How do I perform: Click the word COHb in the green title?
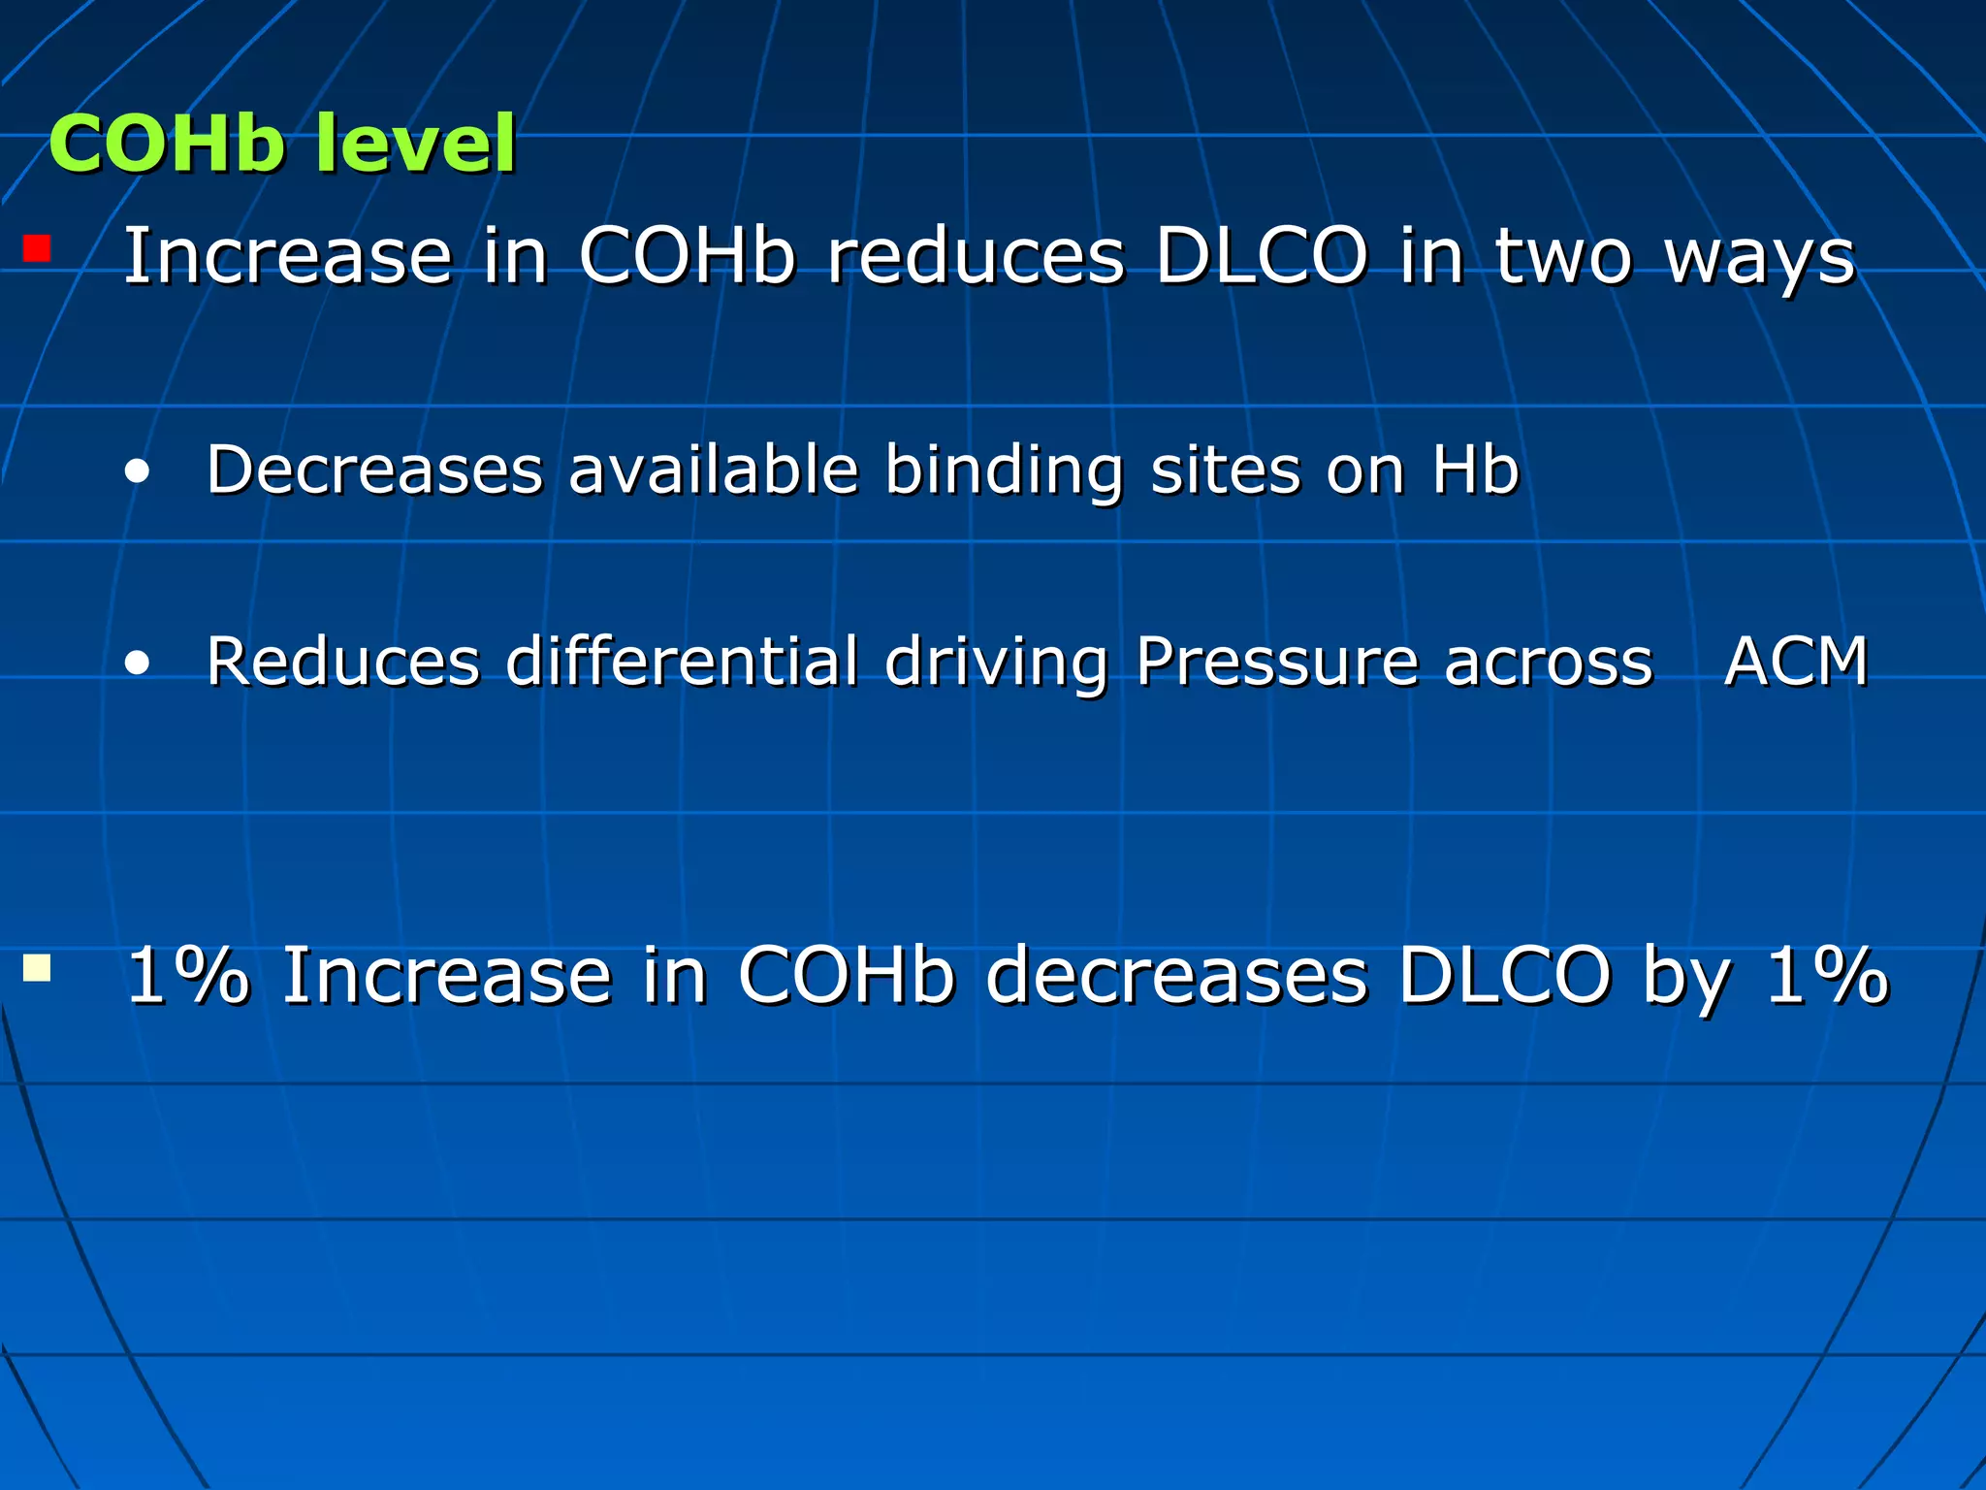click(x=167, y=145)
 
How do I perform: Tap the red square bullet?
click(x=37, y=249)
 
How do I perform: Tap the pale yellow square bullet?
click(x=37, y=968)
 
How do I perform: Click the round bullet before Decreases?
click(x=138, y=472)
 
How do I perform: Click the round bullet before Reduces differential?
click(x=138, y=664)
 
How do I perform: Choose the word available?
click(x=714, y=470)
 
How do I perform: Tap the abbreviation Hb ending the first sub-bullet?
click(x=1475, y=470)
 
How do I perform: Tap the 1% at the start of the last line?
click(x=187, y=975)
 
